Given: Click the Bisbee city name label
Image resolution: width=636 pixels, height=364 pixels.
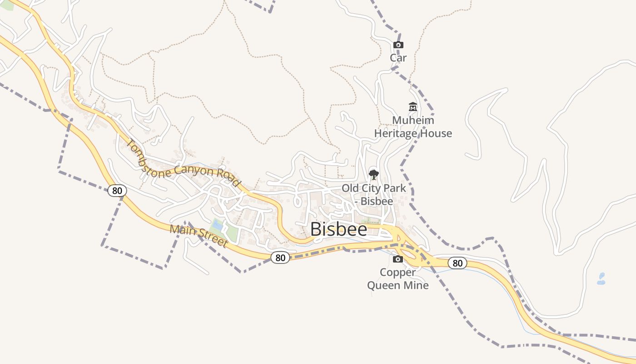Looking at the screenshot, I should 339,229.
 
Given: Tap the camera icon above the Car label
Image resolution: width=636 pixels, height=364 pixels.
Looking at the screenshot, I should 398,45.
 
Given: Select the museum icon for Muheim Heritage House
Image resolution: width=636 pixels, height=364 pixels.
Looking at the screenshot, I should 413,107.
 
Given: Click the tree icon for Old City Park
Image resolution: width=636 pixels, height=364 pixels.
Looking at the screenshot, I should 374,174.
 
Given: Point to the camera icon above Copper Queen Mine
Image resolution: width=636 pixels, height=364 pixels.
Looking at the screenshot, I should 398,259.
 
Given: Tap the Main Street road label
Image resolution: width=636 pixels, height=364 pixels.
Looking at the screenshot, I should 199,236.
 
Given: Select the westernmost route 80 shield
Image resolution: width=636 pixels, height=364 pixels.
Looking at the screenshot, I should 117,190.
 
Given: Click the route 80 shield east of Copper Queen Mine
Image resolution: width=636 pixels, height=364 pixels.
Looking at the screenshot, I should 457,263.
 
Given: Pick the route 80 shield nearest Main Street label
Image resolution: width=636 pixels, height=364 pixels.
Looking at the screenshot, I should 280,258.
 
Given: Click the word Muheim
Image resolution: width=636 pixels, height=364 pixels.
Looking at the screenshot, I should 413,120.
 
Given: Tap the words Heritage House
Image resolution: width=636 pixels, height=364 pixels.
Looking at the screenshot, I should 413,133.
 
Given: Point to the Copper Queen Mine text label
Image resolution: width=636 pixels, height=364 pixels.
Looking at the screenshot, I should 397,279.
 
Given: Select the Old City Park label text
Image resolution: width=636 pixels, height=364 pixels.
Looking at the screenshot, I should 374,194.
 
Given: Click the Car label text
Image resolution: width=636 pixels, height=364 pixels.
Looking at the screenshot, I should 398,58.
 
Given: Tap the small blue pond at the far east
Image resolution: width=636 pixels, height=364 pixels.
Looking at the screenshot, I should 601,278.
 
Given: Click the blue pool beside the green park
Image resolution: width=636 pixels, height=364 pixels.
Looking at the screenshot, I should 218,225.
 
